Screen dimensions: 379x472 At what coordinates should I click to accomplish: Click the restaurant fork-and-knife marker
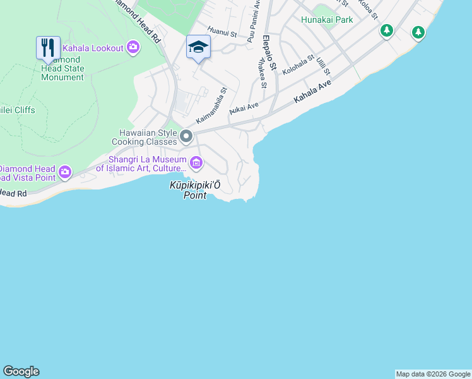pos(48,47)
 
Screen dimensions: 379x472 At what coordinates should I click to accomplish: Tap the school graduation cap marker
pos(198,47)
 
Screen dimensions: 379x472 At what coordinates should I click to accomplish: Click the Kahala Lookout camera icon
pos(133,47)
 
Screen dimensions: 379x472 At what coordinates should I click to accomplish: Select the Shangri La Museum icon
pos(196,164)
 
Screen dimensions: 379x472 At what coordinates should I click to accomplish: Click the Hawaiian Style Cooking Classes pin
pos(186,136)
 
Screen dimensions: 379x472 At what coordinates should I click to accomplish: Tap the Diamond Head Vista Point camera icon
pos(65,172)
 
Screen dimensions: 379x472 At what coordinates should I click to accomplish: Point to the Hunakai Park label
pos(327,20)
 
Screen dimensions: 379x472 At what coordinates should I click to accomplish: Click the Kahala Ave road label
pos(312,93)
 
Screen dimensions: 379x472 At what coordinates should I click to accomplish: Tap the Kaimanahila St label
pos(211,105)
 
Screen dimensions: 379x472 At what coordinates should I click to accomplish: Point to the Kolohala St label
pos(298,66)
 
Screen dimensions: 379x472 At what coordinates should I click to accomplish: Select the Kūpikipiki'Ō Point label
pos(195,190)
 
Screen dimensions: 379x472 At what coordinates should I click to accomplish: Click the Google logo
pos(21,371)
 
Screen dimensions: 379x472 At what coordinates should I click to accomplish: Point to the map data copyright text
pos(433,374)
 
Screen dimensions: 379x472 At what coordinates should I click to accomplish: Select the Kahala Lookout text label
pos(93,47)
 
